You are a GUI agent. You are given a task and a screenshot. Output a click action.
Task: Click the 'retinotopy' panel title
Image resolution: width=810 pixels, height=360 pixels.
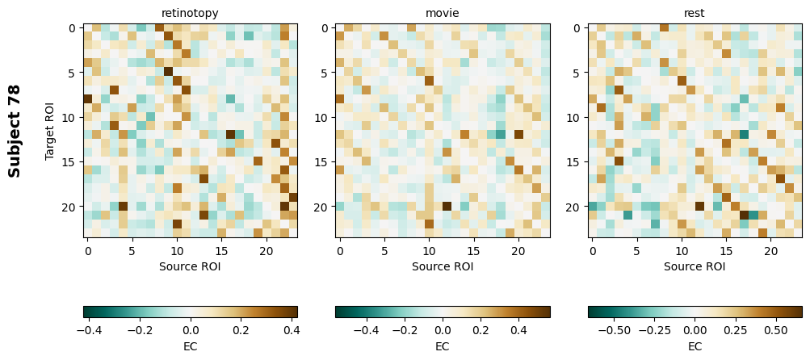coord(190,13)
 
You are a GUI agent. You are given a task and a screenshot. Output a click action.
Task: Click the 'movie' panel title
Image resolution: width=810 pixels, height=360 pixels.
coord(442,13)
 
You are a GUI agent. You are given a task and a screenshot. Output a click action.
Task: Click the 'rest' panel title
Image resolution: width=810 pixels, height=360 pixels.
coord(695,13)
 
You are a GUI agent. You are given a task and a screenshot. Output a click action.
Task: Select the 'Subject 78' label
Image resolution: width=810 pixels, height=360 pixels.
coord(15,131)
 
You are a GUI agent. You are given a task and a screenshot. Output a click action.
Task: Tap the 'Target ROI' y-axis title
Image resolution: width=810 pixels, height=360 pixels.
coord(50,131)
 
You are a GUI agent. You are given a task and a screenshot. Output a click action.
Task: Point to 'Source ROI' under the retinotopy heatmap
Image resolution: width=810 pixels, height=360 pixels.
coord(190,266)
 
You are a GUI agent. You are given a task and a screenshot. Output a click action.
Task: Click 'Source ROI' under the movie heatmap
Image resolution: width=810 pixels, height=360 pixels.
coord(442,266)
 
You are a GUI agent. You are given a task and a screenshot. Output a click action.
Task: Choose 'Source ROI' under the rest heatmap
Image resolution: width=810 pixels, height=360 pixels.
coord(695,266)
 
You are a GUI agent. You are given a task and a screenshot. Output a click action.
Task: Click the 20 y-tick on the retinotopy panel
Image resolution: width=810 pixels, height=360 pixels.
coord(69,207)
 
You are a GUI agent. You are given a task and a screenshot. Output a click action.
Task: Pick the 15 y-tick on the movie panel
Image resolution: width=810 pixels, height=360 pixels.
coord(321,162)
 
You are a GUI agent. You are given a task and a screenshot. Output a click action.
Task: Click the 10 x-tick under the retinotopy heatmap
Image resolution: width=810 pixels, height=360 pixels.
coord(178,251)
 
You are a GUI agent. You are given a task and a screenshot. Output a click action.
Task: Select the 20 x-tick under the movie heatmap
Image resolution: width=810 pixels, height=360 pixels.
coord(518,251)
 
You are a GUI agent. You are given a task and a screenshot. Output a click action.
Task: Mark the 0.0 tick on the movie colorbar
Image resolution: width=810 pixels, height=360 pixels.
coord(443,330)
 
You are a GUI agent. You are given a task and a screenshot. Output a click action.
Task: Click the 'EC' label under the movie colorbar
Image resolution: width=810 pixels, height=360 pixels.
coord(443,346)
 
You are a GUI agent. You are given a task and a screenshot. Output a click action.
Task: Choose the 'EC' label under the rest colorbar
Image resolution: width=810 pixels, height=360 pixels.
coord(695,346)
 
